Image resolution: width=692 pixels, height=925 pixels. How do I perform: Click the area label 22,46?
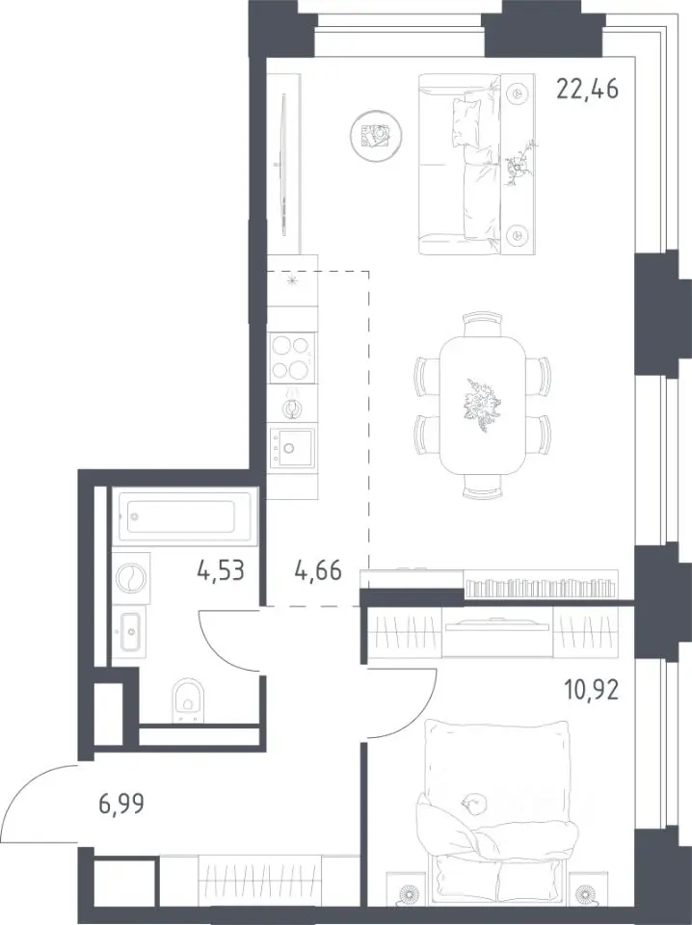coord(588,89)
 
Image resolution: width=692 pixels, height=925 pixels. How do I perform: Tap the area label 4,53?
coord(221,570)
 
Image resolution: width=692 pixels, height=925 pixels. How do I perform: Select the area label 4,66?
coord(318,570)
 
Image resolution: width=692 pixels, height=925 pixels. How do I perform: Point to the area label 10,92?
coord(592,689)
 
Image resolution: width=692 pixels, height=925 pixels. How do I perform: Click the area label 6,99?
coord(120,804)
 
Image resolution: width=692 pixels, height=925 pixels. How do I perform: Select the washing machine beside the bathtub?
coord(131,579)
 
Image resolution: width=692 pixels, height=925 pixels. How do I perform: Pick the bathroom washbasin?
coord(130,631)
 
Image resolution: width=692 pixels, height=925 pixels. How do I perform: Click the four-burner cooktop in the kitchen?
coord(291,357)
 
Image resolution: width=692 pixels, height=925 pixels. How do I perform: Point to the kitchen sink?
coord(291,448)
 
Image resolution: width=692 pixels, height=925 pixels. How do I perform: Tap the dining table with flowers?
coord(483,406)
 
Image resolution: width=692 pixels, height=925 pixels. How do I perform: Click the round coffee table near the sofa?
coord(376,135)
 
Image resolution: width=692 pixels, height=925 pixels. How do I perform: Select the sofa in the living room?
coord(477,164)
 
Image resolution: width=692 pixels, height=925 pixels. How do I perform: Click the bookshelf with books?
coord(541,585)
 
